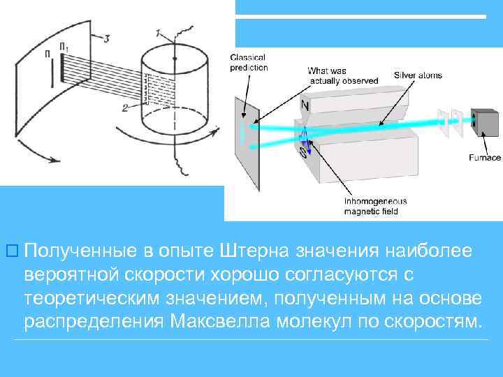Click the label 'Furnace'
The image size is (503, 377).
click(x=484, y=158)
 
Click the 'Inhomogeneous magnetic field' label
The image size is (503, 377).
click(x=375, y=205)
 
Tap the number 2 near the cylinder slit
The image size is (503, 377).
click(x=124, y=108)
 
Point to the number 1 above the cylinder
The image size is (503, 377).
click(x=159, y=33)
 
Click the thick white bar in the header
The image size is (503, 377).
click(x=360, y=16)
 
